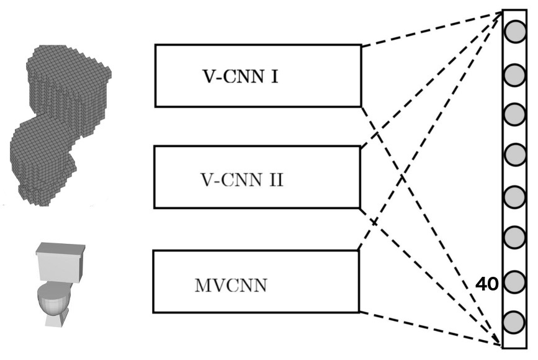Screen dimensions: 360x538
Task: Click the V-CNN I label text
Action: pyautogui.click(x=240, y=77)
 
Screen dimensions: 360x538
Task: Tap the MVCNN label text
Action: pyautogui.click(x=231, y=286)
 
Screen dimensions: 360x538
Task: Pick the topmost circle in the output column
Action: pyautogui.click(x=514, y=32)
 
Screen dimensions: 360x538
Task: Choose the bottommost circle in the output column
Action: pyautogui.click(x=514, y=322)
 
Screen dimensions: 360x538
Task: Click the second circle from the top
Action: pyautogui.click(x=514, y=76)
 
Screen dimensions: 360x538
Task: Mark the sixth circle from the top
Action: pyautogui.click(x=514, y=237)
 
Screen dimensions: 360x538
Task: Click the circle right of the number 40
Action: pyautogui.click(x=514, y=284)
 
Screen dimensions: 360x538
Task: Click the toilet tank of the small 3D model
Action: pyautogui.click(x=60, y=261)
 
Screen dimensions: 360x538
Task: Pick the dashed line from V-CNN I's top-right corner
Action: pyautogui.click(x=428, y=30)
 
